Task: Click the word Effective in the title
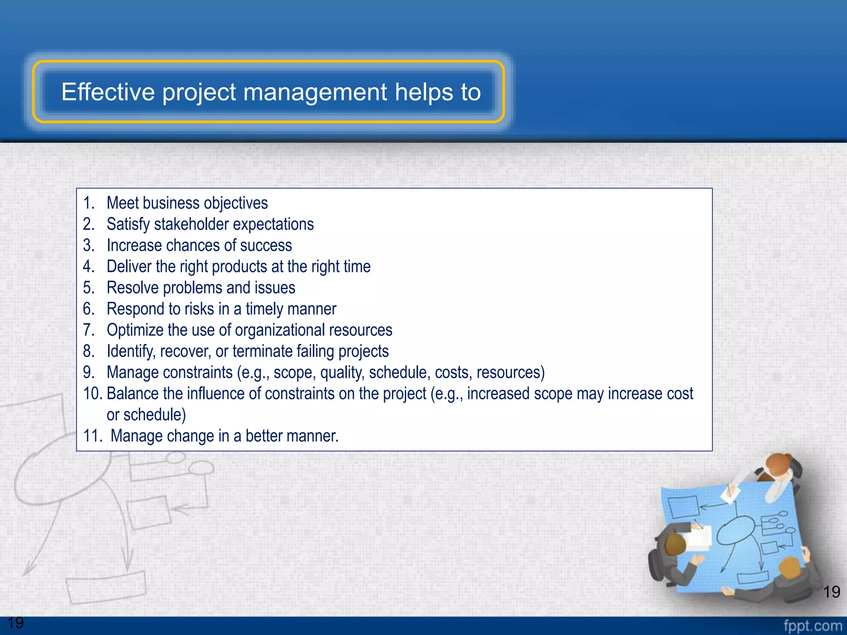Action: pyautogui.click(x=108, y=92)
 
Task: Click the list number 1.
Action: pyautogui.click(x=89, y=203)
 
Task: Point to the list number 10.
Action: pyautogui.click(x=93, y=394)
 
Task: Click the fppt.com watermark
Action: pyautogui.click(x=812, y=625)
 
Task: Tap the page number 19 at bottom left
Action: pyautogui.click(x=16, y=623)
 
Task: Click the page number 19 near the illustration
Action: pyautogui.click(x=831, y=592)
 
